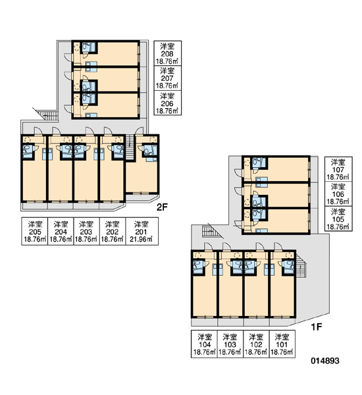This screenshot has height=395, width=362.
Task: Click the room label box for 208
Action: (x=168, y=53)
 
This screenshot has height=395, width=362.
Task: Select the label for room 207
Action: (x=168, y=78)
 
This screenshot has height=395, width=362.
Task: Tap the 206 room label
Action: (x=168, y=103)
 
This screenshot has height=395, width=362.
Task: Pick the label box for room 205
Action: (x=35, y=231)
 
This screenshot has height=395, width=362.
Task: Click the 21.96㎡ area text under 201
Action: (x=141, y=240)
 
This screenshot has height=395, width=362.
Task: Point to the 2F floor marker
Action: (x=162, y=207)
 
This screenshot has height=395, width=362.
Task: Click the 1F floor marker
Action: (x=317, y=327)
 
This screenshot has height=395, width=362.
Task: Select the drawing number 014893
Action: (x=325, y=361)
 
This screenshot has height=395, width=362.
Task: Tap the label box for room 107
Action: (x=338, y=169)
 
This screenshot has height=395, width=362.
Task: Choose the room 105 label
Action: (x=338, y=219)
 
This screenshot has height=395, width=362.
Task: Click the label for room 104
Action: (x=204, y=344)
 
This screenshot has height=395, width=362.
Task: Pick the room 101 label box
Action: (x=282, y=344)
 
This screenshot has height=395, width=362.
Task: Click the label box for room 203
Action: (x=86, y=231)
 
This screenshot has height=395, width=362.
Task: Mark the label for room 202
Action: (x=113, y=231)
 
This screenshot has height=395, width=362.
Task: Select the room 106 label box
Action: (x=338, y=194)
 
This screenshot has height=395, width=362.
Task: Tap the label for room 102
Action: (x=256, y=344)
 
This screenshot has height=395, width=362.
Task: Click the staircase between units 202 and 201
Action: (x=130, y=147)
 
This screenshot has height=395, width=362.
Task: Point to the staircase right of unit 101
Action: (x=300, y=265)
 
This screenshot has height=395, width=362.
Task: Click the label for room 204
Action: (x=61, y=231)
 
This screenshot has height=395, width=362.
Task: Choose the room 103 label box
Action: (x=230, y=344)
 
